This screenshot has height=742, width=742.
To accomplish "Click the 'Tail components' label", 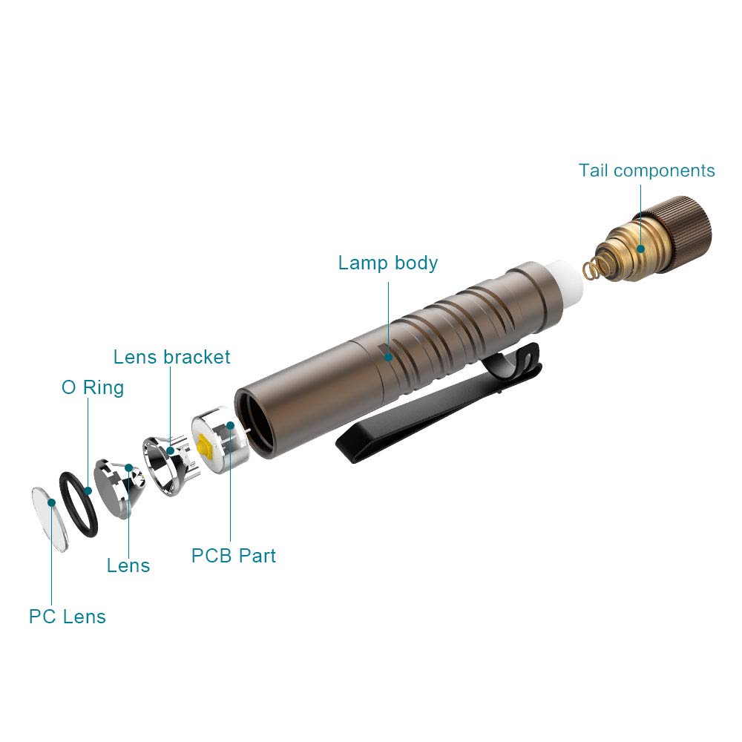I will pyautogui.click(x=646, y=171).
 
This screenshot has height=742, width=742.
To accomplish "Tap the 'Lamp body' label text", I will pyautogui.click(x=388, y=263).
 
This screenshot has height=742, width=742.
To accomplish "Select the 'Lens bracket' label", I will pyautogui.click(x=171, y=357).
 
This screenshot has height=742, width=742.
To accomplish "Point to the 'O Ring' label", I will pyautogui.click(x=92, y=387).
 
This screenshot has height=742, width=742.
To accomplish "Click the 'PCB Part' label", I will pyautogui.click(x=233, y=555).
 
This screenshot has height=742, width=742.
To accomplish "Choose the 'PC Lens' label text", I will pyautogui.click(x=68, y=617).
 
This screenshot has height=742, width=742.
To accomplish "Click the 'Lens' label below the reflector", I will pyautogui.click(x=128, y=565).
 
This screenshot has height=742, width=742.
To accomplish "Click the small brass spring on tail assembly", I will pyautogui.click(x=591, y=268).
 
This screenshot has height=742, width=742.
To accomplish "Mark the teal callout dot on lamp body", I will pyautogui.click(x=388, y=357).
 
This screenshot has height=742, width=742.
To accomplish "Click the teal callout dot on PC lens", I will pyautogui.click(x=51, y=502).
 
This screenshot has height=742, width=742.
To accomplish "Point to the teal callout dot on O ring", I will pyautogui.click(x=88, y=490).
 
